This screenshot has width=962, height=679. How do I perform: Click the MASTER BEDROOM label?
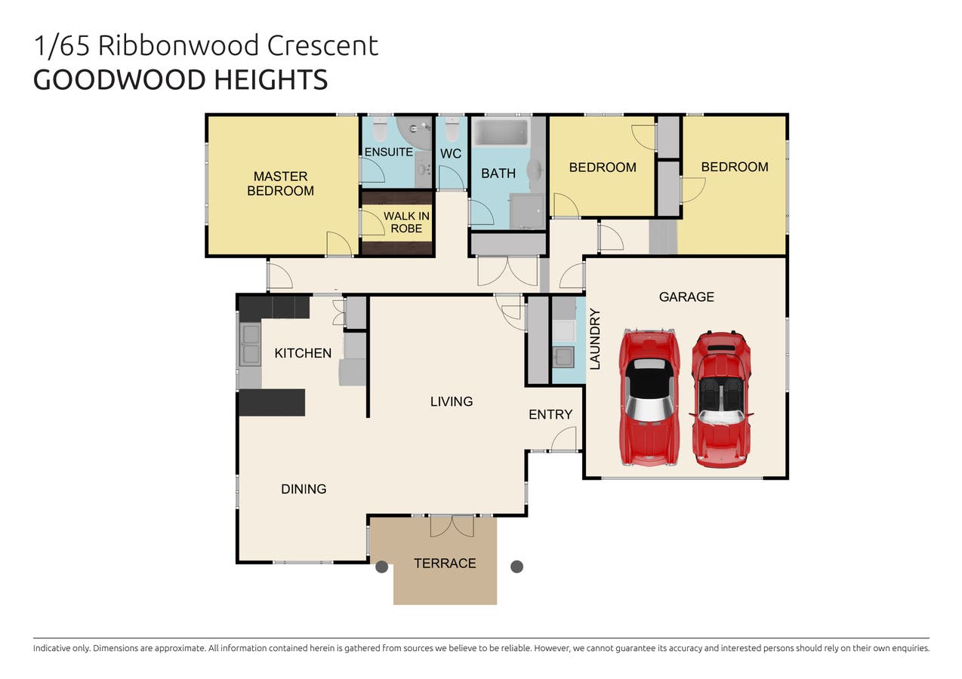tap(280, 183)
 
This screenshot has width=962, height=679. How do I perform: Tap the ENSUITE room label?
tap(388, 152)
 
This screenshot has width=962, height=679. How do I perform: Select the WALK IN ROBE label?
tap(406, 222)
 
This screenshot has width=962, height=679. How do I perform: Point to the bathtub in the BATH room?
tap(500, 133)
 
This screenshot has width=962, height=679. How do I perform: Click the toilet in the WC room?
tap(452, 131)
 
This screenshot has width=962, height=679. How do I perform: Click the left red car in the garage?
tap(648, 397)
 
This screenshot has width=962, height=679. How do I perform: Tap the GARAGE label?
tap(686, 296)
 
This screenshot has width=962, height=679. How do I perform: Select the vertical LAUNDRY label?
tap(594, 339)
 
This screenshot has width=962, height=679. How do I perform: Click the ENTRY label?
tap(550, 414)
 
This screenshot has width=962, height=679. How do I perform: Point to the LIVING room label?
tap(452, 401)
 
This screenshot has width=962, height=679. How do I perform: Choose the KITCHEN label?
tap(303, 353)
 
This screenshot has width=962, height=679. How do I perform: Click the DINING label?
tap(304, 489)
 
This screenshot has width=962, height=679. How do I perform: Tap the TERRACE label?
tap(445, 563)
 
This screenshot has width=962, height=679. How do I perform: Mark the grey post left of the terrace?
tap(382, 567)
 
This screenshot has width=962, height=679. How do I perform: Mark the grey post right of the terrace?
tap(517, 567)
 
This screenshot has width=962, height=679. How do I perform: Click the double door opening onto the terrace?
tap(452, 525)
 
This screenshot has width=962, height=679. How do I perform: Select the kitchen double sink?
tap(250, 344)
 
